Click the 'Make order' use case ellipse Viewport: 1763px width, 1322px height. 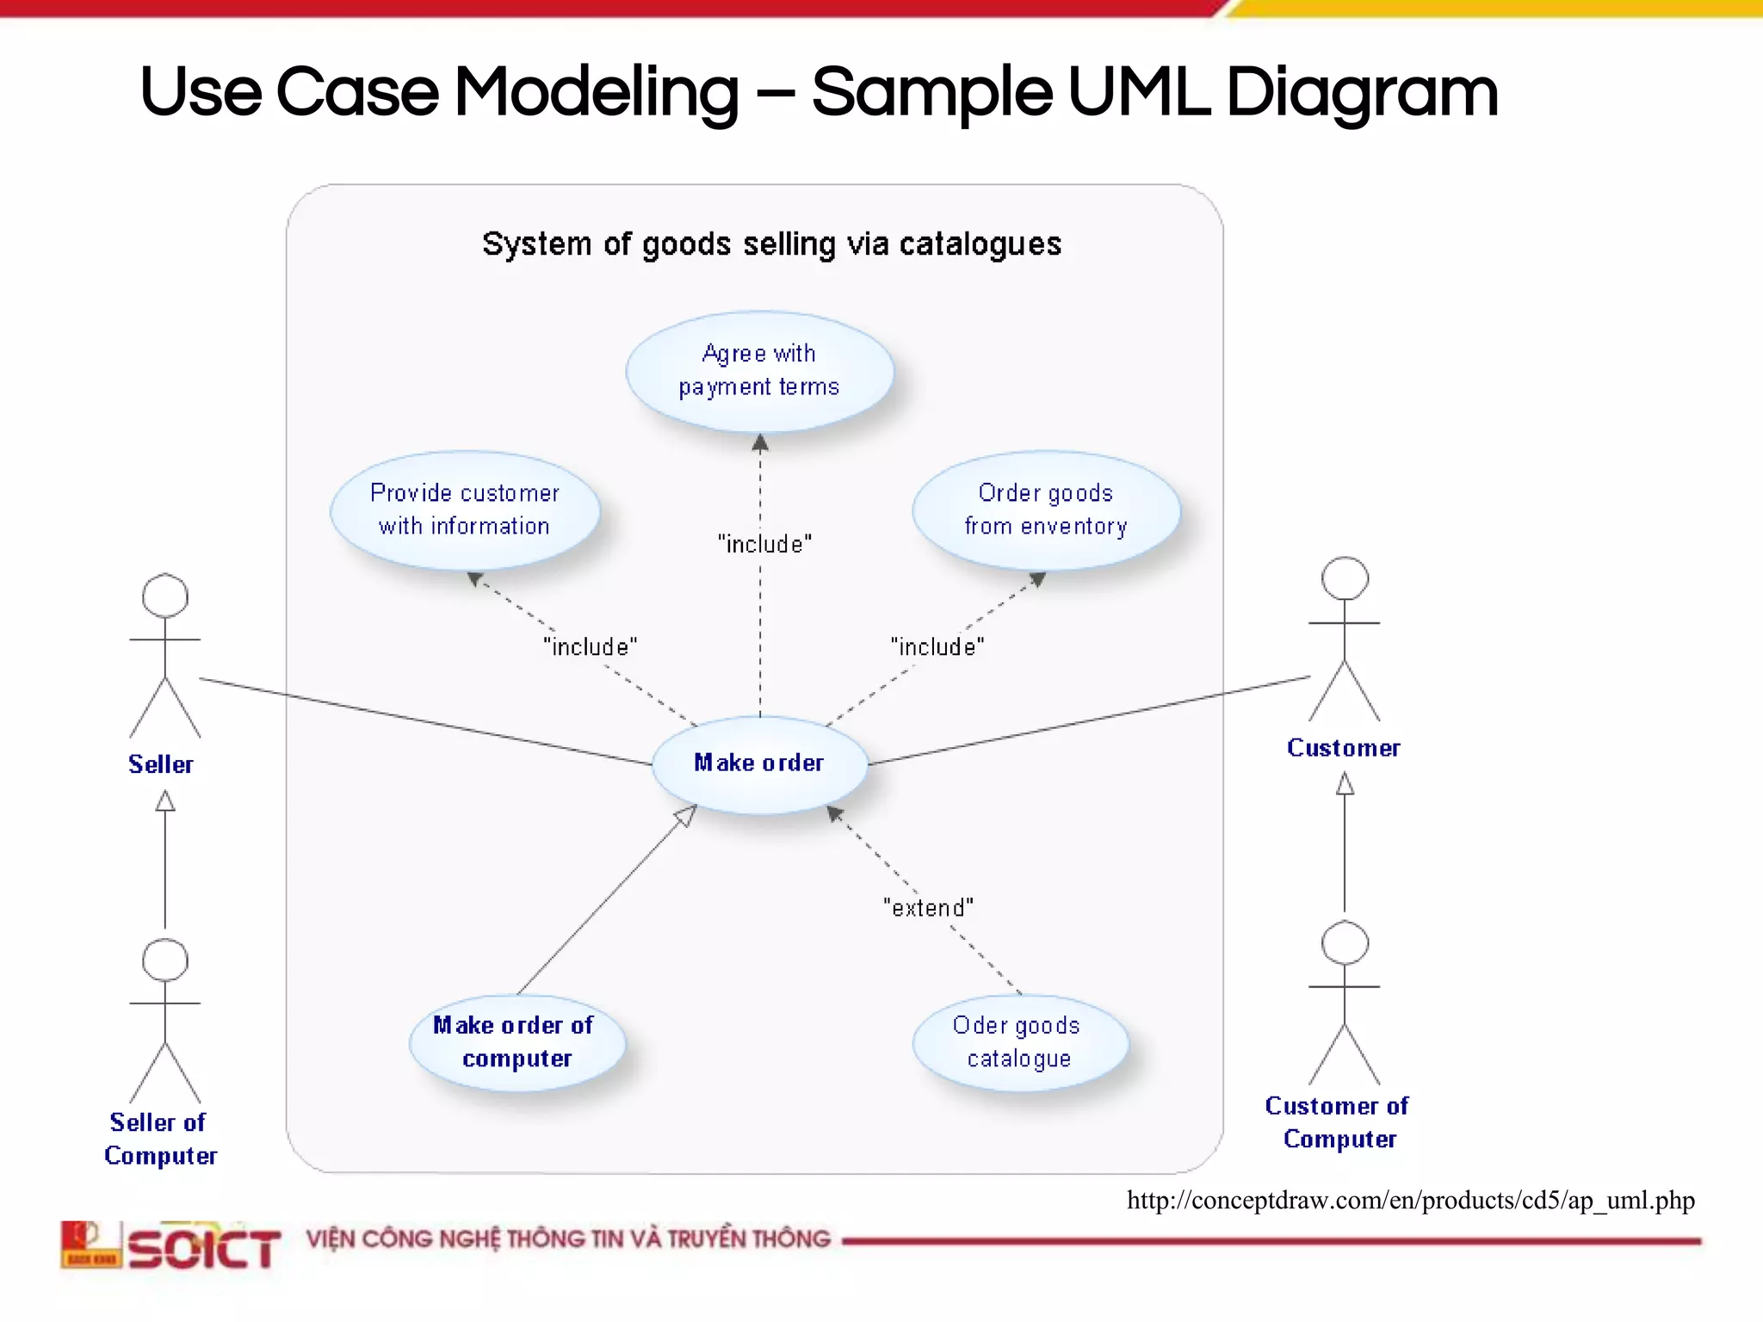(x=759, y=764)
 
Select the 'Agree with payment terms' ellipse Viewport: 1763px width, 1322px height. (x=759, y=371)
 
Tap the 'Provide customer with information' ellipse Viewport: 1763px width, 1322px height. (x=465, y=510)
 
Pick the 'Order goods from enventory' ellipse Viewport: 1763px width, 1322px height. (x=1046, y=510)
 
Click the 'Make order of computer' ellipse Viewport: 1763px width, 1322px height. (x=517, y=1042)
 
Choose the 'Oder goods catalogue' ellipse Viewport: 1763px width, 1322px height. (x=1019, y=1042)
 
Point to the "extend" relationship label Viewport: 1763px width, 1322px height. (x=928, y=908)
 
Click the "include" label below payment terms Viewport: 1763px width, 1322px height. (x=764, y=544)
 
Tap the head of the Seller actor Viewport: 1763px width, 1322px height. (x=164, y=596)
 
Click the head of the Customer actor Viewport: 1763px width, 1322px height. (x=1345, y=578)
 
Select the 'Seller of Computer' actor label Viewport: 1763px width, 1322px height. (x=160, y=1139)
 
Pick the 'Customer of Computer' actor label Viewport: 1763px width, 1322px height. (x=1338, y=1122)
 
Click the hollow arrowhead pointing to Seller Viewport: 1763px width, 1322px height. (x=164, y=802)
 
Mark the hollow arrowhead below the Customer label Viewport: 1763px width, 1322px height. (x=1345, y=783)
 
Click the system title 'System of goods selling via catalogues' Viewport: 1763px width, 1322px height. (x=771, y=244)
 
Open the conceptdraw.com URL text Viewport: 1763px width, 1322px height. (x=1410, y=1200)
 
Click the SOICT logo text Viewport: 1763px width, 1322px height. (x=204, y=1247)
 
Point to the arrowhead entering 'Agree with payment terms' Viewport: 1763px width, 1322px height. (x=760, y=443)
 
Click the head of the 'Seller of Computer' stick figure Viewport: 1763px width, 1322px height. (x=164, y=960)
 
